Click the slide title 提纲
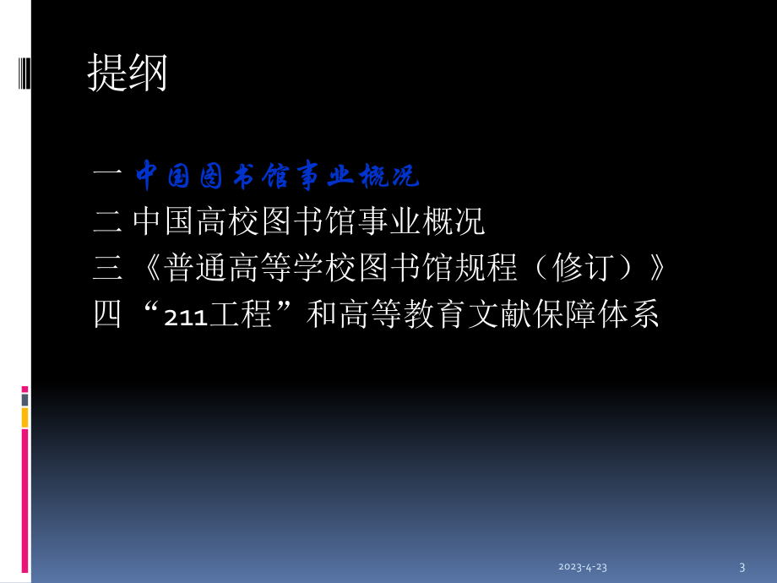(x=127, y=74)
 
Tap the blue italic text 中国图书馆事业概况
(x=277, y=176)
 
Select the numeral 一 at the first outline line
(x=107, y=176)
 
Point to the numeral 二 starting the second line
(x=107, y=222)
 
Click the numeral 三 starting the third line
(x=107, y=269)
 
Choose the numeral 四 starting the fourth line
(x=107, y=315)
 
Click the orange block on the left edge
(x=24, y=417)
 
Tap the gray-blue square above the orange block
(x=24, y=399)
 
